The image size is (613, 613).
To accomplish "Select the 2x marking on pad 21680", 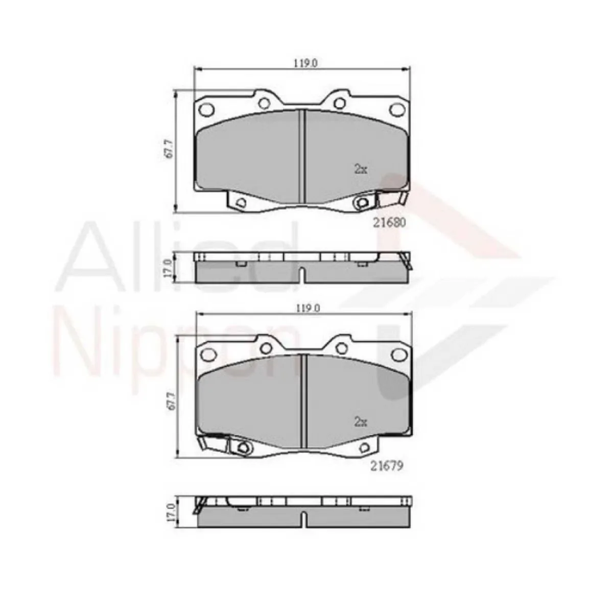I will (361, 169).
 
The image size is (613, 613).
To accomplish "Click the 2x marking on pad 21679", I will (361, 422).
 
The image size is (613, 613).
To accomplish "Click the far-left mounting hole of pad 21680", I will (206, 109).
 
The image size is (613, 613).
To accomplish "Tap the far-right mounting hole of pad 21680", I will (396, 109).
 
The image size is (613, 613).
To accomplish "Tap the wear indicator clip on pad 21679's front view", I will (213, 442).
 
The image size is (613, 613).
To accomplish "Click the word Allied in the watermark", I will (184, 255).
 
